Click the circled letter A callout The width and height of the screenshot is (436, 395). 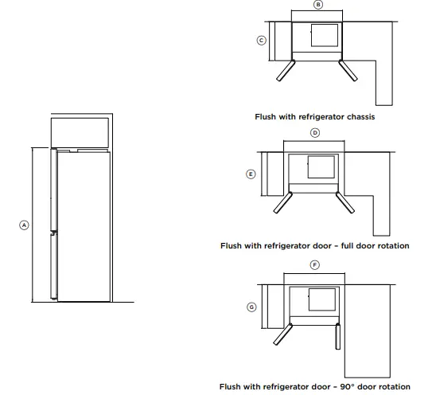[24, 225]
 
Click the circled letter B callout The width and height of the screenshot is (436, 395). [318, 5]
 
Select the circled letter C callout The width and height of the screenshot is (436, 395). [261, 40]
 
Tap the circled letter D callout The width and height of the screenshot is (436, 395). [315, 132]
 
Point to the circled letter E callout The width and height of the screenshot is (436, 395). [251, 174]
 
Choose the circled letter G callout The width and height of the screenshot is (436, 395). [251, 306]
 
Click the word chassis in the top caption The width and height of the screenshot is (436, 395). [358, 116]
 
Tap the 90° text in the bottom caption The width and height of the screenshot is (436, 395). [356, 385]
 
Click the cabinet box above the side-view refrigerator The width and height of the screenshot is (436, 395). [80, 131]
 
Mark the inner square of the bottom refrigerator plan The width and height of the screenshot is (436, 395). [320, 299]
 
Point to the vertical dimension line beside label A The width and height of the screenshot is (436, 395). [33, 225]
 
